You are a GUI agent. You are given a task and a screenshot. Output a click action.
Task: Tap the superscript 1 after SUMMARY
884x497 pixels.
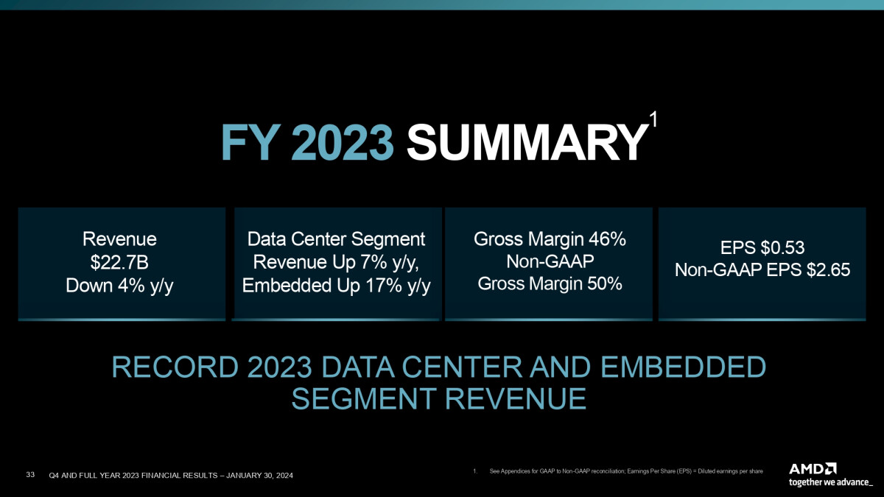click(x=653, y=119)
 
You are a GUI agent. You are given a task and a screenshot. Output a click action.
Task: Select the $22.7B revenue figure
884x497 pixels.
click(x=119, y=262)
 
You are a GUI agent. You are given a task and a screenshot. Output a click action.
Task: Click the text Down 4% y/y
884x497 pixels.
click(x=119, y=286)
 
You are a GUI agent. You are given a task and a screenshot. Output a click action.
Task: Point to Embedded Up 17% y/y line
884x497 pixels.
click(x=336, y=286)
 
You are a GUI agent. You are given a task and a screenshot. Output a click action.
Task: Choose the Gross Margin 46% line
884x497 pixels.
click(x=550, y=239)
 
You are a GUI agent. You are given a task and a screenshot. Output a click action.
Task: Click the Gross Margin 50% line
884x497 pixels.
click(x=550, y=283)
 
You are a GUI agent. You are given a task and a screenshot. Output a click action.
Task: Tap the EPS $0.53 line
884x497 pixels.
click(x=762, y=247)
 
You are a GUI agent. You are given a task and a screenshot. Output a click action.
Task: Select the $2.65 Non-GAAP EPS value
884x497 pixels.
click(x=828, y=270)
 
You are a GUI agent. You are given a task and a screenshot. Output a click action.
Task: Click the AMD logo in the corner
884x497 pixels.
click(x=813, y=469)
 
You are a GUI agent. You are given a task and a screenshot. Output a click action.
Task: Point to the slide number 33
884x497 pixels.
click(x=30, y=474)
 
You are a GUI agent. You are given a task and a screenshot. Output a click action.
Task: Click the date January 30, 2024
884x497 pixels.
click(x=259, y=476)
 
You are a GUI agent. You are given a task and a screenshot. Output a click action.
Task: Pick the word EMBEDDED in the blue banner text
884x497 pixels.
click(x=683, y=367)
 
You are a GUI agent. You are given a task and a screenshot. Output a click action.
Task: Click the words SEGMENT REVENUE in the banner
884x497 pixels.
click(x=438, y=398)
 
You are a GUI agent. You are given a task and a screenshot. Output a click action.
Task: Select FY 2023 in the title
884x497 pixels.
click(x=307, y=142)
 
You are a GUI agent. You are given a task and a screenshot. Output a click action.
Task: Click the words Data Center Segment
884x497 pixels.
click(x=336, y=239)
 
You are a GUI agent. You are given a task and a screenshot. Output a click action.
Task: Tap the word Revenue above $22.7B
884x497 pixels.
click(x=119, y=239)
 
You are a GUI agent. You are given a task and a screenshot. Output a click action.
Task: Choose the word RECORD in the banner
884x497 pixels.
click(x=175, y=367)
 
